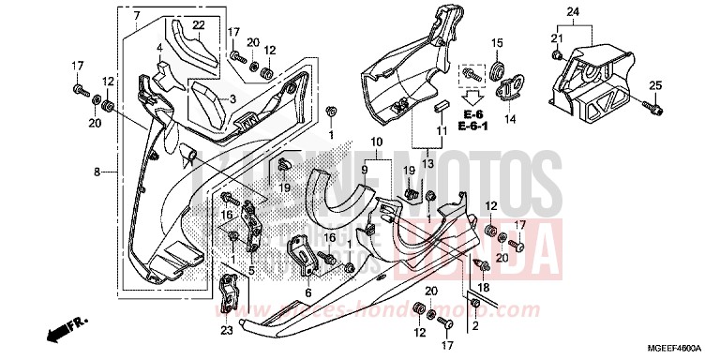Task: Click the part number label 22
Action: click(x=199, y=24)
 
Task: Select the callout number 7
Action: click(x=136, y=16)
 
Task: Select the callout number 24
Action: click(x=574, y=12)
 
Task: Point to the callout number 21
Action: click(x=556, y=36)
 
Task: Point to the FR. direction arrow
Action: click(x=63, y=331)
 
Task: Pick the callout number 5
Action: click(x=250, y=266)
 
